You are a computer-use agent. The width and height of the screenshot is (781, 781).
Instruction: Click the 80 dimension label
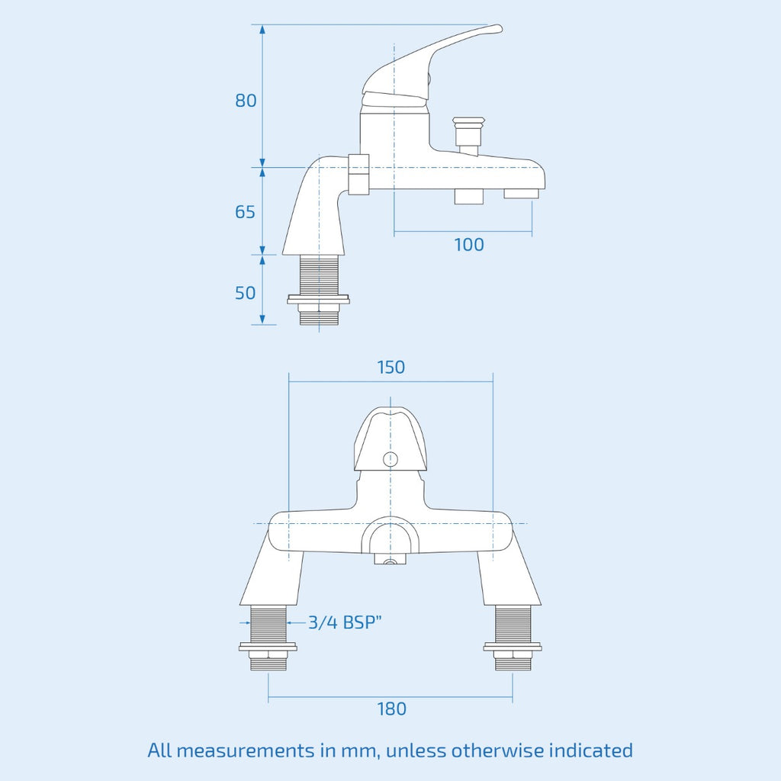point(246,101)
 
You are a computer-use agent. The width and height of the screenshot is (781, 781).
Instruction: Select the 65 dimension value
point(245,212)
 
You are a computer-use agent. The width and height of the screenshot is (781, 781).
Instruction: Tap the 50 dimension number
point(245,293)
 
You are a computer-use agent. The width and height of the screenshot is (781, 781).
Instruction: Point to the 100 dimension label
point(469,245)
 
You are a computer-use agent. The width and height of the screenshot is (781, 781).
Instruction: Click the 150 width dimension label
point(391,367)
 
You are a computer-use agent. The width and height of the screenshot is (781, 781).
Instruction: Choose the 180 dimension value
point(391,709)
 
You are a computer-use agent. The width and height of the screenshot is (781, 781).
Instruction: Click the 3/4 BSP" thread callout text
point(345,622)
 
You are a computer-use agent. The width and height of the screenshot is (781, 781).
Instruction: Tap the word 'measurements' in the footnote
point(248,750)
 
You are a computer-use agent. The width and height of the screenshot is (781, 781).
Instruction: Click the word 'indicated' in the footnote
point(591,750)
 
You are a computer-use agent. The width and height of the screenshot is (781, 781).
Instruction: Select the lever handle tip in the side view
point(499,28)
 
